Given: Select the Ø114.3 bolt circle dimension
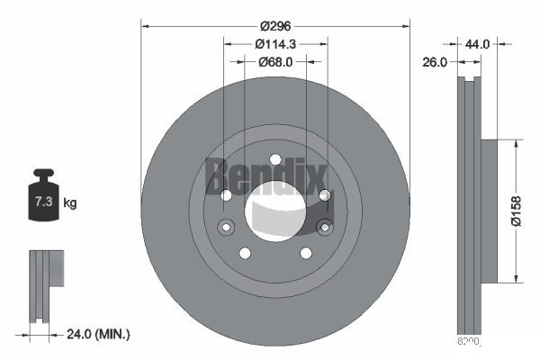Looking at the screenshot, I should coord(274,43).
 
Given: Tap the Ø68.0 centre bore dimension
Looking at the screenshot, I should coord(274,62).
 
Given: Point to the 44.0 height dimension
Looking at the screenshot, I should coord(477,43).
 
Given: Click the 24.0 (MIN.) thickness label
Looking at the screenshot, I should coord(98,334).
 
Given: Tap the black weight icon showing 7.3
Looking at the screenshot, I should coord(44,199).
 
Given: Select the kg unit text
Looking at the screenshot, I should coord(70,203).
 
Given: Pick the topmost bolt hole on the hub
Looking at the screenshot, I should coord(275,160).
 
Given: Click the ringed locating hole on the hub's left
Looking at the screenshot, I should coord(226,227).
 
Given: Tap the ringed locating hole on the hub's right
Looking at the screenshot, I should coord(325,227).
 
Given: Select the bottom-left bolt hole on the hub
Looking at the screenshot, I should coord(245,253).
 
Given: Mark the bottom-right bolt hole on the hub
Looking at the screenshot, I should coord(306,253).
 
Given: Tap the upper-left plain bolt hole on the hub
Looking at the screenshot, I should coord(226,195).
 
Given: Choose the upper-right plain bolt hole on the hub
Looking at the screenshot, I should coord(325,195).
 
